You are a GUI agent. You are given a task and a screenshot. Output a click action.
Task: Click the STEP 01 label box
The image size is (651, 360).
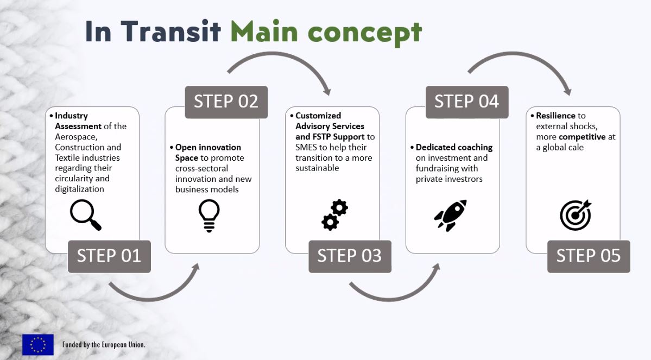[x=109, y=256]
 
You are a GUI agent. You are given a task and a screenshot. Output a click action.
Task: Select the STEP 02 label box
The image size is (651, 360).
[x=226, y=102]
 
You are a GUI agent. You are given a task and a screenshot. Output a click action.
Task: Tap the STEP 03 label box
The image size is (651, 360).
[x=349, y=256]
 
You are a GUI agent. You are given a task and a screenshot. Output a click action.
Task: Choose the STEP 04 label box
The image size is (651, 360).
[x=466, y=102]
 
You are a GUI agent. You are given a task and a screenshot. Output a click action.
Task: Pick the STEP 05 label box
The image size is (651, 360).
[x=588, y=256]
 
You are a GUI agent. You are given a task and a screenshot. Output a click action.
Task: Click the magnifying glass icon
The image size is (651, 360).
[x=86, y=215]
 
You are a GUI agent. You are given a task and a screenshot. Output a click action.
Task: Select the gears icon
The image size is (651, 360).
[x=334, y=215]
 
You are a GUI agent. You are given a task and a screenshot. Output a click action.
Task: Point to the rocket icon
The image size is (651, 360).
[x=450, y=215]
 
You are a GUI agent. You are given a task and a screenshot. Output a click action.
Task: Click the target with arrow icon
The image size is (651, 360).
[x=575, y=215]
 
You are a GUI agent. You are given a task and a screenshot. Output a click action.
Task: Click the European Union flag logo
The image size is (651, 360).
[x=38, y=344]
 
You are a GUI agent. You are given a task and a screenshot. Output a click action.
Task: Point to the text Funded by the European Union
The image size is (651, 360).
[x=104, y=345]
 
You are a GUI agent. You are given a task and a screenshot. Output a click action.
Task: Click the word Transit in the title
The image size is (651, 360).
[x=171, y=31]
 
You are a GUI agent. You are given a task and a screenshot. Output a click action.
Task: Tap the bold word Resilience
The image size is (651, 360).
[x=555, y=116]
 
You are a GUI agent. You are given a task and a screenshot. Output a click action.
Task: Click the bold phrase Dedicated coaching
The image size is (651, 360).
[x=454, y=147]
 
